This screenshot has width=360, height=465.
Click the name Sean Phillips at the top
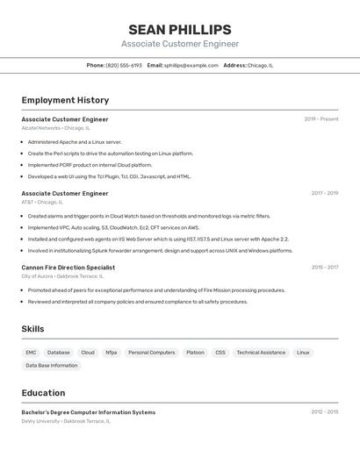point(179,30)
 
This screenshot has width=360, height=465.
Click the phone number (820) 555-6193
point(124,65)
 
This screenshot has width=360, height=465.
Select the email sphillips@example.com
point(191,65)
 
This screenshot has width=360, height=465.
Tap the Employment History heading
point(65,100)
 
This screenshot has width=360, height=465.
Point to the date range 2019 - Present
point(321,119)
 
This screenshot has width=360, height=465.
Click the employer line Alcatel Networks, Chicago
point(55,128)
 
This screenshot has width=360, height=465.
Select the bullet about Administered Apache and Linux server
point(75,141)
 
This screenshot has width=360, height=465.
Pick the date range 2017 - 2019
point(324,193)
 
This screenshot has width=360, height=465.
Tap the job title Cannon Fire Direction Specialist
point(68,268)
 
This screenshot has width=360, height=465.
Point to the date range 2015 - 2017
point(324,268)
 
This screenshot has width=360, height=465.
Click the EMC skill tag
point(31,353)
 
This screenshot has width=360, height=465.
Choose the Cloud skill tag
point(88,353)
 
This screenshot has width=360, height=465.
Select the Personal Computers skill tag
point(151,353)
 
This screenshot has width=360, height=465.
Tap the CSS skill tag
point(220,353)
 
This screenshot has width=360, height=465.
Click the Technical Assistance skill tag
point(261,353)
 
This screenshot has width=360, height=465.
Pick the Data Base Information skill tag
point(51,366)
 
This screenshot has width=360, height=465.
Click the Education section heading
point(43,393)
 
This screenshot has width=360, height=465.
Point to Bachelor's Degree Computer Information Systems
point(88,412)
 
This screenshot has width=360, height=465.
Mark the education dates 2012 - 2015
point(324,412)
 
